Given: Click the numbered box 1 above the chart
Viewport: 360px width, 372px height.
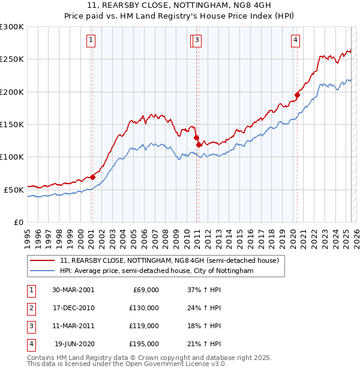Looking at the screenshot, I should point(91,40).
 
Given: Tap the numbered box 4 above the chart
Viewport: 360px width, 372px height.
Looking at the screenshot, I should point(296,40).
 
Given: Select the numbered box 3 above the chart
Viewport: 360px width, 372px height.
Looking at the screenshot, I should point(197,40).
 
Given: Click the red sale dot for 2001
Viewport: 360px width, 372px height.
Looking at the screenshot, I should point(92,177).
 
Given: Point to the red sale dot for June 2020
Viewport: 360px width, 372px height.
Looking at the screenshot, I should point(297,94).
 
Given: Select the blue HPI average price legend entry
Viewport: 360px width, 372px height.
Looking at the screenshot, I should point(157,271).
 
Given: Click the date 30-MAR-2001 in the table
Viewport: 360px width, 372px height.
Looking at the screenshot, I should point(73,290).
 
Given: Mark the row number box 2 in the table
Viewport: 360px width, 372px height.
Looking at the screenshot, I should point(31,308).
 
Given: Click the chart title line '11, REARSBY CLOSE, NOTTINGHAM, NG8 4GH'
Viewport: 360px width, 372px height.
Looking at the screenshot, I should point(180,8).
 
